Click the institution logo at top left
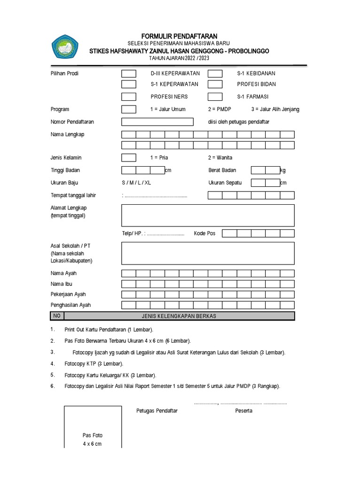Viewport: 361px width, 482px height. pyautogui.click(x=66, y=48)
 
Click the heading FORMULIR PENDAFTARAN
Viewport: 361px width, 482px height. pyautogui.click(x=173, y=36)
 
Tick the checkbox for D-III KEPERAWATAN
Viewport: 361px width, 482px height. pyautogui.click(x=129, y=73)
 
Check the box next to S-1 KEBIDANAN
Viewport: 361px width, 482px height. pyautogui.click(x=215, y=73)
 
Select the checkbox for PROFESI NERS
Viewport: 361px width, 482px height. pyautogui.click(x=129, y=96)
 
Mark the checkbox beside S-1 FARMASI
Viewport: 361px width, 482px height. pyautogui.click(x=215, y=96)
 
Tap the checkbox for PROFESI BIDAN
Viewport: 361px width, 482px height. pyautogui.click(x=215, y=84)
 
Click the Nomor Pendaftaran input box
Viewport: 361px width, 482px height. pyautogui.click(x=157, y=122)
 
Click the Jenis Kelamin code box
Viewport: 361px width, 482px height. pyautogui.click(x=129, y=158)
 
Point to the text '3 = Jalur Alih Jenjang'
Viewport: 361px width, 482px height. pyautogui.click(x=275, y=109)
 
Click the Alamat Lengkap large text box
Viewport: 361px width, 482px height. pyautogui.click(x=208, y=215)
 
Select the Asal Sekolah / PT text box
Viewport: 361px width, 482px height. pyautogui.click(x=208, y=253)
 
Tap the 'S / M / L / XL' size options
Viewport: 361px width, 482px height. pyautogui.click(x=136, y=183)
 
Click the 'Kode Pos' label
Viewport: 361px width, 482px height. pyautogui.click(x=204, y=233)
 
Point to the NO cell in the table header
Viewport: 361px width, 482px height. pyautogui.click(x=57, y=316)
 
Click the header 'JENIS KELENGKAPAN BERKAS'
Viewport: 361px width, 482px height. pyautogui.click(x=179, y=316)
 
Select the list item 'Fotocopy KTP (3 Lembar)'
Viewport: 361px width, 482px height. pyautogui.click(x=94, y=364)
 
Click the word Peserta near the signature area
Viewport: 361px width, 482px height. pyautogui.click(x=243, y=411)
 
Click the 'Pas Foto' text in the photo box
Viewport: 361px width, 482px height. pyautogui.click(x=92, y=435)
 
